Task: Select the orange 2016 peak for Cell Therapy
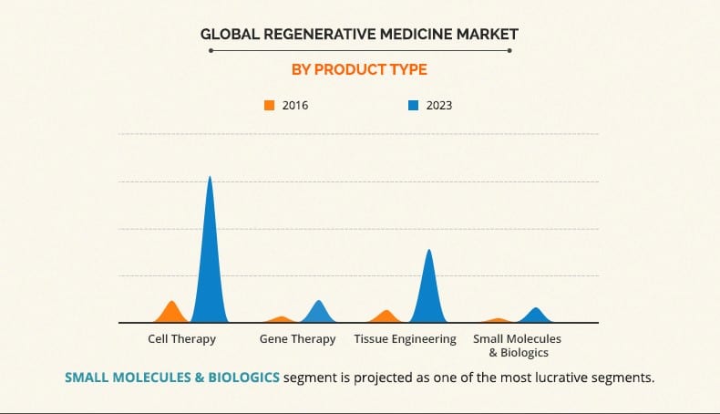click(171, 313)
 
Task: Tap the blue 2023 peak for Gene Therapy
click(318, 313)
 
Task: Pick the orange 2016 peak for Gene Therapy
click(281, 319)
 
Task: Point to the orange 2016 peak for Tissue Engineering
click(387, 316)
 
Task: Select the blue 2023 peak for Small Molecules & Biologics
click(537, 316)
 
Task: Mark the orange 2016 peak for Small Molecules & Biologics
click(498, 320)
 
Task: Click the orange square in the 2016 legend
click(269, 105)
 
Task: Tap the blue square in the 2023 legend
click(413, 105)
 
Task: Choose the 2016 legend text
click(295, 105)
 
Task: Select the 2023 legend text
click(439, 105)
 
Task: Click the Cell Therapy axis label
click(182, 339)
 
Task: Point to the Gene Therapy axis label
click(297, 339)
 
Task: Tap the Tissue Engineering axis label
click(405, 339)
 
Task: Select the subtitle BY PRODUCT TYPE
click(359, 69)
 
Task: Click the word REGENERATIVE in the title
click(306, 35)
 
